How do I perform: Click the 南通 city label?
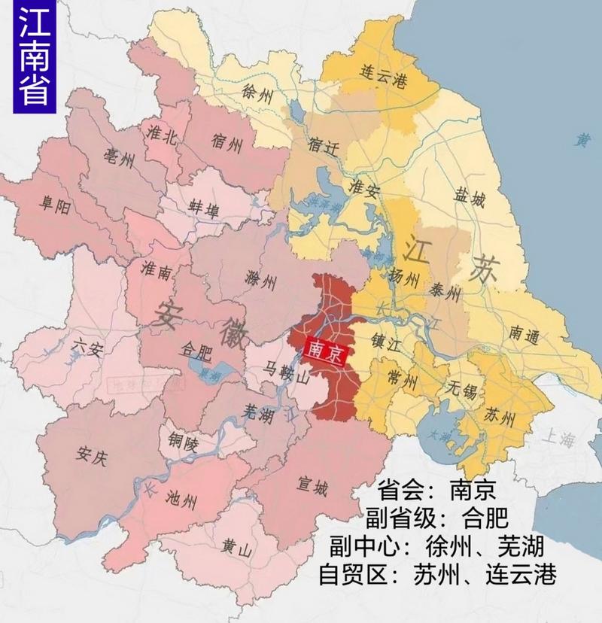524,336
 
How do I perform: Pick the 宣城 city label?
312,489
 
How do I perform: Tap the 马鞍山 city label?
278,372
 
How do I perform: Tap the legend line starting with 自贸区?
438,575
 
